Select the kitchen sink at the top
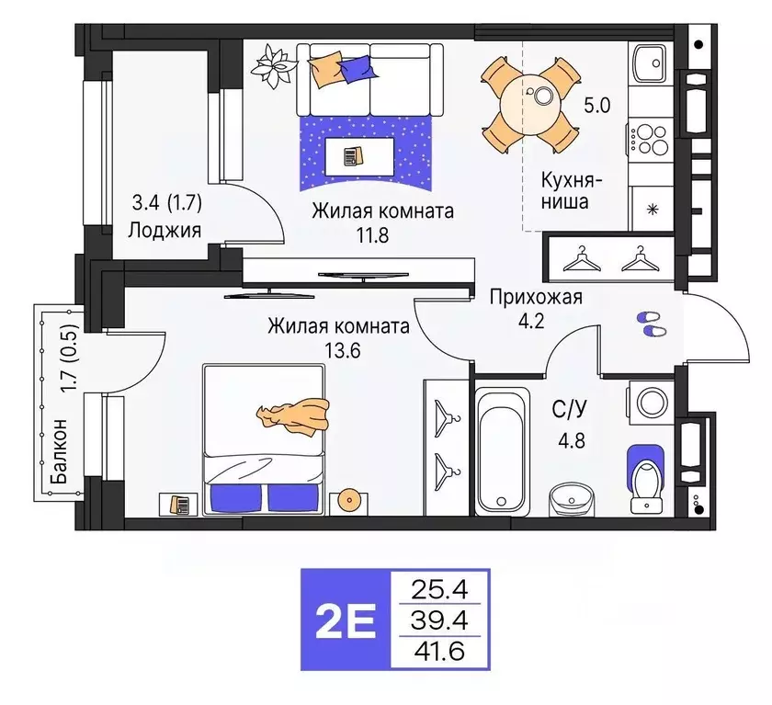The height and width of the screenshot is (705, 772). pyautogui.click(x=652, y=63)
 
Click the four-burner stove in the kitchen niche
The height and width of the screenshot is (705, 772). pyautogui.click(x=652, y=138)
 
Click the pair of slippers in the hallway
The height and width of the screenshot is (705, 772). pyautogui.click(x=650, y=324)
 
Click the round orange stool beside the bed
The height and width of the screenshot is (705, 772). pyautogui.click(x=350, y=500)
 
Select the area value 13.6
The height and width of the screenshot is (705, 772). pyautogui.click(x=339, y=349)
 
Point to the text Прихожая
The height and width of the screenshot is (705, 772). pyautogui.click(x=536, y=297)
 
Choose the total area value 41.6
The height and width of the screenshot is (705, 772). pyautogui.click(x=440, y=653)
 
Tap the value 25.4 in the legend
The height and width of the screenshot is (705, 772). pyautogui.click(x=440, y=586)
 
